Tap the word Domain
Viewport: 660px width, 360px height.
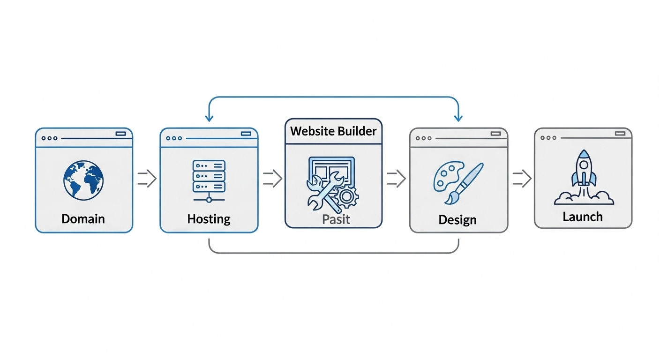coord(83,218)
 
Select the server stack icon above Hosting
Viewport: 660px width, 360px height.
coord(209,176)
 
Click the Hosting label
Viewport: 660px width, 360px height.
coord(209,218)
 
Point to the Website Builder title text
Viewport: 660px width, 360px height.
coord(333,131)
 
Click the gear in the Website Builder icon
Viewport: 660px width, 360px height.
coord(347,197)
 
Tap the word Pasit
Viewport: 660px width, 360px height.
coord(336,219)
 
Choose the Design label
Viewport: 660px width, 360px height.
coord(457,219)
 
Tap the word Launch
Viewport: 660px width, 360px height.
coord(583,217)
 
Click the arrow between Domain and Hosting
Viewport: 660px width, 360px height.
coord(147,179)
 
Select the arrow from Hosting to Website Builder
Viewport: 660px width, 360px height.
coord(272,179)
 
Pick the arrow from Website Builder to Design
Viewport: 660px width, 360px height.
coord(396,179)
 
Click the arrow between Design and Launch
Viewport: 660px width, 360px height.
coord(521,179)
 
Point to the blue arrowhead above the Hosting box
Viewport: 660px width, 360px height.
coord(209,118)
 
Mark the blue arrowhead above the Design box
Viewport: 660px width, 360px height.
coord(458,118)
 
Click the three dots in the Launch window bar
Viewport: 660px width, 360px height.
coord(548,138)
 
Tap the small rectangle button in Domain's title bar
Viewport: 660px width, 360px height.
coord(120,134)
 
